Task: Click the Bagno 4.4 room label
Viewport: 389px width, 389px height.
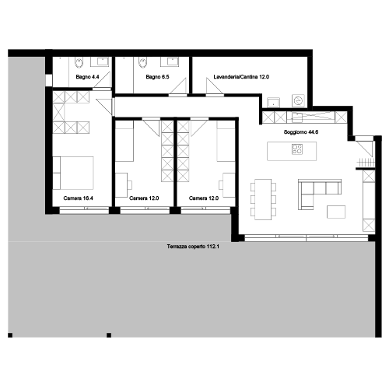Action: coord(87,77)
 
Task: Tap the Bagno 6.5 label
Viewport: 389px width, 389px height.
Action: coord(157,77)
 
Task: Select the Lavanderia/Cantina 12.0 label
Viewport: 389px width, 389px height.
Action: coord(241,77)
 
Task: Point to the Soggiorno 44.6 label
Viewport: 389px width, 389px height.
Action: coord(301,132)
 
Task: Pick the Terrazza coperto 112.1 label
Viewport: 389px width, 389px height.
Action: coord(193,247)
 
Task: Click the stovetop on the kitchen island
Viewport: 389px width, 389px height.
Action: coord(297,149)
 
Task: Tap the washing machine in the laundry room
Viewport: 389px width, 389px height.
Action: coord(298,100)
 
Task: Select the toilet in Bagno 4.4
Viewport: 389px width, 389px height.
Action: coord(79,62)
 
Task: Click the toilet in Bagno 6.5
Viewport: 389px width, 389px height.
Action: coord(142,62)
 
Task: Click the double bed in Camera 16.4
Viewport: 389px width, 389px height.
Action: coord(73,173)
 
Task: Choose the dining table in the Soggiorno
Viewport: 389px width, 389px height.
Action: coord(263,199)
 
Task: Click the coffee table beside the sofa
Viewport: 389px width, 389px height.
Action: coord(336,212)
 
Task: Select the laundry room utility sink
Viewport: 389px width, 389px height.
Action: coord(274,102)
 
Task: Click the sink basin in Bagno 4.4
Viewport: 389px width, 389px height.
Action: coord(103,61)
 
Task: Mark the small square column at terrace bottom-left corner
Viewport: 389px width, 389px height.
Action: coord(10,335)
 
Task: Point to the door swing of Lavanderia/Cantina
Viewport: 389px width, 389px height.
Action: coord(215,86)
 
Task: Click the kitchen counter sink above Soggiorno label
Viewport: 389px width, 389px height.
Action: coord(297,117)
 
